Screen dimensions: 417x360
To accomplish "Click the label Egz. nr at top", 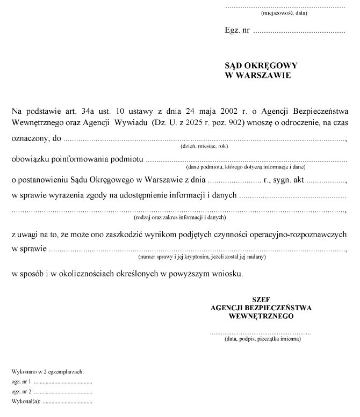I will coord(237,31).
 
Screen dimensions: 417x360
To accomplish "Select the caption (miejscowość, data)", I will coord(283,13).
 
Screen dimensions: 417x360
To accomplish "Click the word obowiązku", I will coord(30,159).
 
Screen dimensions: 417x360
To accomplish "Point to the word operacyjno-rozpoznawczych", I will coord(299,235).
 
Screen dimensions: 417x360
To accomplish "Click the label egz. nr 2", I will coord(21,391).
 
